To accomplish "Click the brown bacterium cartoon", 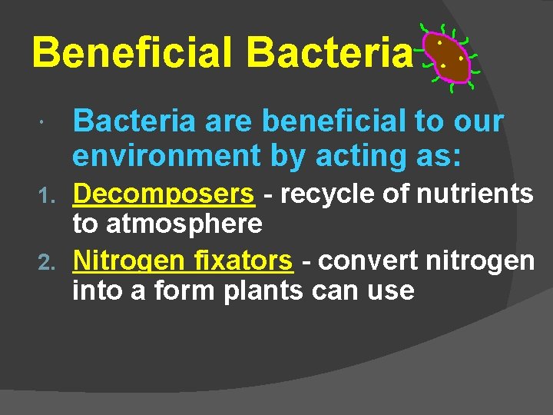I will pyautogui.click(x=448, y=58).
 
